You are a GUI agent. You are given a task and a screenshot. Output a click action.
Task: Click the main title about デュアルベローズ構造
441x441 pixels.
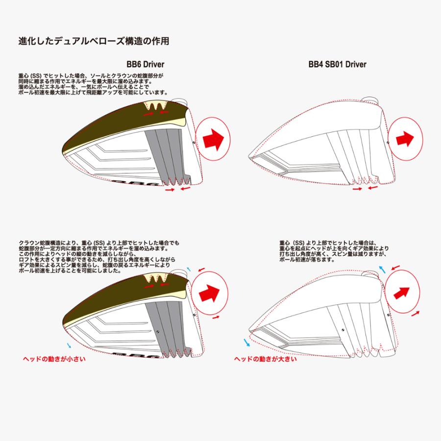(94, 41)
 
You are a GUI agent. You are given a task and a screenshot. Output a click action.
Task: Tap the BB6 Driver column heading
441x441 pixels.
(146, 64)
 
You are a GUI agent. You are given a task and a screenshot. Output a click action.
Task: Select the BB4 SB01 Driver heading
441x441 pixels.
(338, 64)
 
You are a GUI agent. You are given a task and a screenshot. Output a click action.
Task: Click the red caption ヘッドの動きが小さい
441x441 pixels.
(54, 359)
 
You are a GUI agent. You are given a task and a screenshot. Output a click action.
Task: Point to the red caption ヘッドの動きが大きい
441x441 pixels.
(266, 359)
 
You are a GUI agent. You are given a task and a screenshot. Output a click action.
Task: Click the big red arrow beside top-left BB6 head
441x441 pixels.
(213, 139)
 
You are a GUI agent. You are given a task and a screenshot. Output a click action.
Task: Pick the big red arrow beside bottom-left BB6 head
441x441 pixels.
(209, 293)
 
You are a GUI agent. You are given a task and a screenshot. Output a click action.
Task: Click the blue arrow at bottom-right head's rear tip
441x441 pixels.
(246, 343)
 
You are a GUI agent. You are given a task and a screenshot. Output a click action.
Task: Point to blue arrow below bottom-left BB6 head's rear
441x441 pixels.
(69, 345)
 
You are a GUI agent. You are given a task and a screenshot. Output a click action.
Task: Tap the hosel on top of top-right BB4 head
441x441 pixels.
(370, 100)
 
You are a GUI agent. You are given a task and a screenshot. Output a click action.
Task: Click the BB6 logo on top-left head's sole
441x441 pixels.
(136, 183)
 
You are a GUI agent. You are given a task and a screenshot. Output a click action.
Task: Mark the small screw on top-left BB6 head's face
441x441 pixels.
(194, 143)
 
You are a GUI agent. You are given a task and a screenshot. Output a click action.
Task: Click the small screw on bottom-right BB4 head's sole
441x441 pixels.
(343, 330)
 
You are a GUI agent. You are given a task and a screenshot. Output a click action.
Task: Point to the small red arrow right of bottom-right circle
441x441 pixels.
(416, 313)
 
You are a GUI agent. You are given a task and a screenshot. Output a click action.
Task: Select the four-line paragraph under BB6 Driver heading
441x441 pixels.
(93, 84)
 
